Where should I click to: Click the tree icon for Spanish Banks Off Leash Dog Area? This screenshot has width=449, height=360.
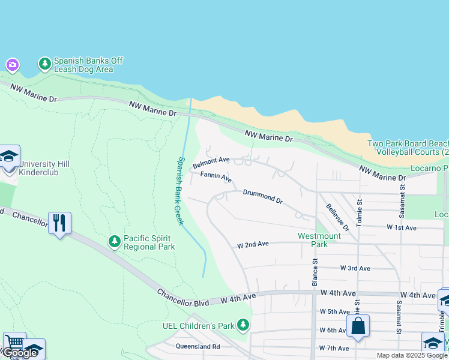(x=44, y=64)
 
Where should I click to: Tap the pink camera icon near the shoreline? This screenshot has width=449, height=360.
(x=12, y=64)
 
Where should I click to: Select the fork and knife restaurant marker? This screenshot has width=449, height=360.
(x=59, y=224)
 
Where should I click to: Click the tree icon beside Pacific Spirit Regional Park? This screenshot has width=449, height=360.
(x=114, y=241)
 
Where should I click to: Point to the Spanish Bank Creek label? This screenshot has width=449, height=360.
(x=180, y=191)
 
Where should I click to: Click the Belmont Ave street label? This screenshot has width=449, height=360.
(x=211, y=163)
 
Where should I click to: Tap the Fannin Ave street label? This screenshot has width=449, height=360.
(x=215, y=177)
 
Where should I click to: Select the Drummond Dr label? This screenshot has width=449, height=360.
(x=262, y=196)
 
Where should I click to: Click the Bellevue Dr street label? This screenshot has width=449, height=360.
(x=337, y=217)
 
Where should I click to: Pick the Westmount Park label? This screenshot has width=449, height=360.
(x=319, y=240)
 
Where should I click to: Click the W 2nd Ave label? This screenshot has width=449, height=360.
(x=253, y=245)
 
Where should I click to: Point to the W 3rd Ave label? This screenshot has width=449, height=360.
(x=355, y=268)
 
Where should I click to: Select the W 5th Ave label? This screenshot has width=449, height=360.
(x=334, y=311)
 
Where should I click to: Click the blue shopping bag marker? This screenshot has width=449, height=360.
(x=358, y=326)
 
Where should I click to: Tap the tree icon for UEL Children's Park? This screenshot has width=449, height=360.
(x=243, y=325)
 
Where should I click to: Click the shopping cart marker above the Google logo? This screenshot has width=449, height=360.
(x=14, y=343)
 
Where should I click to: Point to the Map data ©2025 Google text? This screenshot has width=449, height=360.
(x=412, y=355)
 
